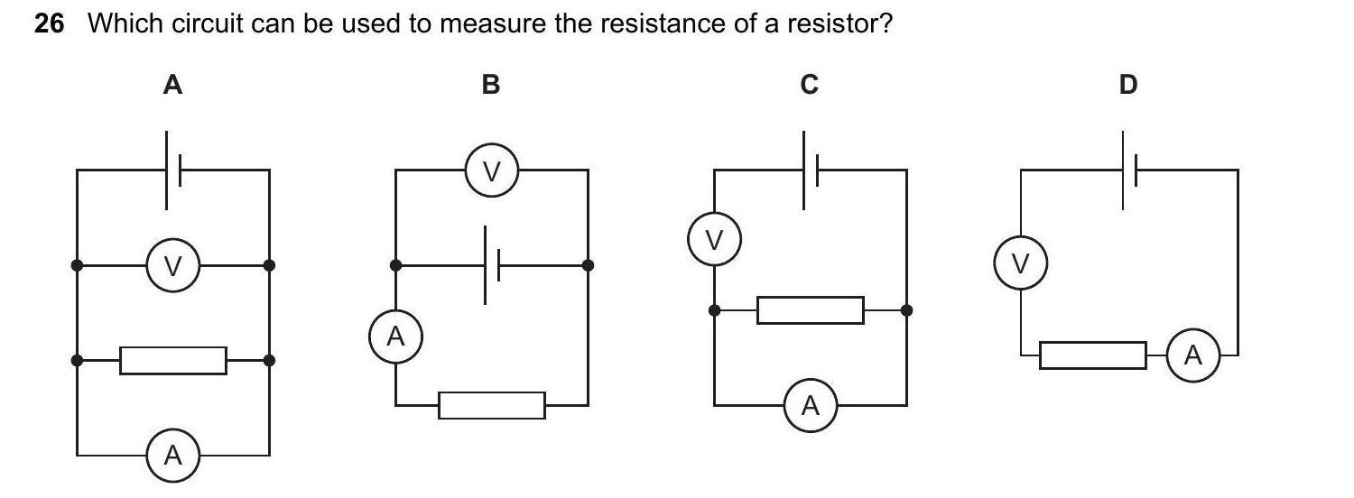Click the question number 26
click(x=50, y=24)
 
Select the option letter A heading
click(x=172, y=86)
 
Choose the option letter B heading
click(x=491, y=86)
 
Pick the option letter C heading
click(x=810, y=86)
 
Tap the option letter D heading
click(x=1128, y=86)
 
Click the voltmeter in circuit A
click(x=173, y=266)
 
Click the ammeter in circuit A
click(x=173, y=456)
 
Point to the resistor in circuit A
click(x=173, y=361)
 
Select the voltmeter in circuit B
click(x=492, y=171)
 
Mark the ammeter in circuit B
click(x=395, y=337)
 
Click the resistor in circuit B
click(x=492, y=405)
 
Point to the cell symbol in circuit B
click(x=492, y=265)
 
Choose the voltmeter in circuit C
click(x=714, y=240)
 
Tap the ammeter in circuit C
click(x=810, y=406)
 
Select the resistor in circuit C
click(x=811, y=310)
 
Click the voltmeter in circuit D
click(x=1020, y=263)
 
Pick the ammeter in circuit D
click(x=1192, y=355)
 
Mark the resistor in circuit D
click(x=1092, y=355)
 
